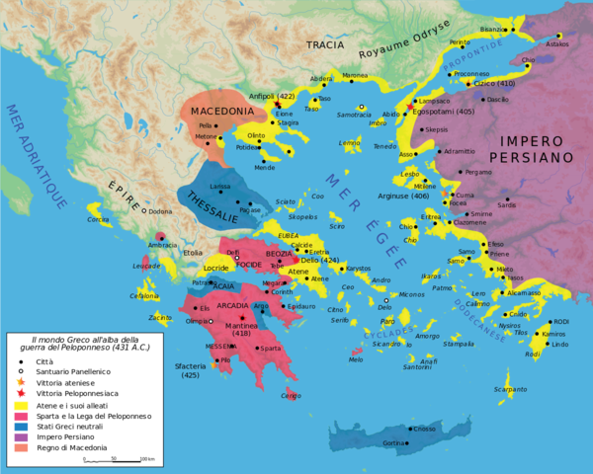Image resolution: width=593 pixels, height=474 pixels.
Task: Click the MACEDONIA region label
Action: click(x=222, y=112)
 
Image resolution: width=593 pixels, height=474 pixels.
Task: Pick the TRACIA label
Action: click(x=325, y=45)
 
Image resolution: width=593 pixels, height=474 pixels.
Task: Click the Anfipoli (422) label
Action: click(x=281, y=96)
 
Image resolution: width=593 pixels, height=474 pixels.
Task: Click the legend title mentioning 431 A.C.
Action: click(x=75, y=346)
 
